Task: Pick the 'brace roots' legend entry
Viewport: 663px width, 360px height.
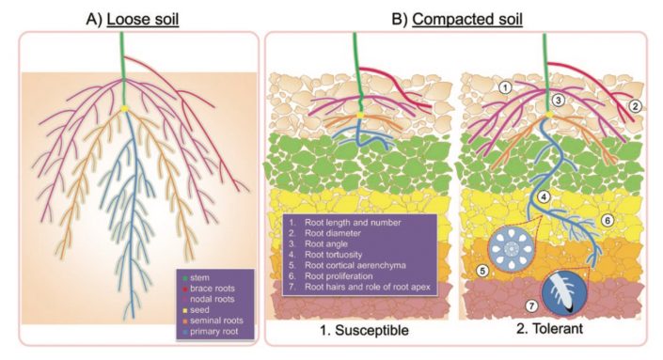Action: [x=208, y=290]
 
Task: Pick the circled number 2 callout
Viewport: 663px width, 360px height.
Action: [x=636, y=105]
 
